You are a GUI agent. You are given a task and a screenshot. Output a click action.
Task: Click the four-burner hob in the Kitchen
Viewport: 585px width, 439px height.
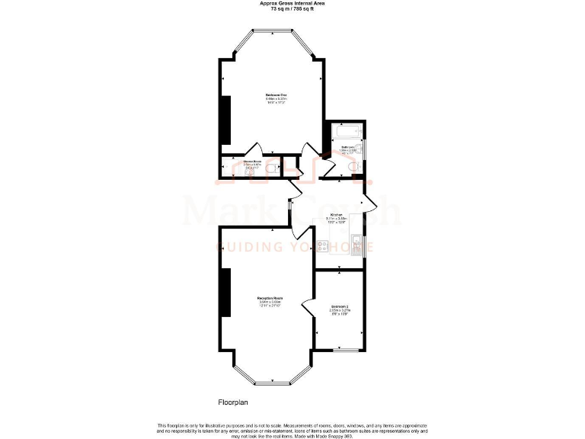tap(321, 246)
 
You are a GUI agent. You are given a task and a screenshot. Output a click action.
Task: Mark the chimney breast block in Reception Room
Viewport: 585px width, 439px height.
tap(225, 293)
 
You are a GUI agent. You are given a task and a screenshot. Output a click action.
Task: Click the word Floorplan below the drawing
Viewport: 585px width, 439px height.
tap(234, 401)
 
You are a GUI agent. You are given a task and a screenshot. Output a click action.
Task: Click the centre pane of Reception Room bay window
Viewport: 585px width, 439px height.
tap(270, 382)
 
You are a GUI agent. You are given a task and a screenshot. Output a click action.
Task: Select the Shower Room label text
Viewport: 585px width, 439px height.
tap(252, 162)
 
